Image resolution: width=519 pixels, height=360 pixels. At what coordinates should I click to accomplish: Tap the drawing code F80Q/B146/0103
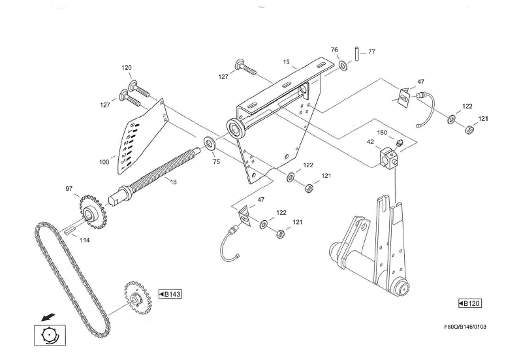[x=465, y=327]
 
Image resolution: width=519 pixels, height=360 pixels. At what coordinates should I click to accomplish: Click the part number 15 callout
[x=286, y=62]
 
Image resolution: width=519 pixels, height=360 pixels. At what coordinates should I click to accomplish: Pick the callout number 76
[x=334, y=50]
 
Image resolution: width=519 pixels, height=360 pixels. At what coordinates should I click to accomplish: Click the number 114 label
[x=84, y=240]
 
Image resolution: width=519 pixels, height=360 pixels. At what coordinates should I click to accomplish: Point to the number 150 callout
[x=383, y=133]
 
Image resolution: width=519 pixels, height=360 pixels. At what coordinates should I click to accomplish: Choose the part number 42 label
[x=370, y=141]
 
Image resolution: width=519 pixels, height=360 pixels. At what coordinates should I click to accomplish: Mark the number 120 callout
[x=126, y=68]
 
